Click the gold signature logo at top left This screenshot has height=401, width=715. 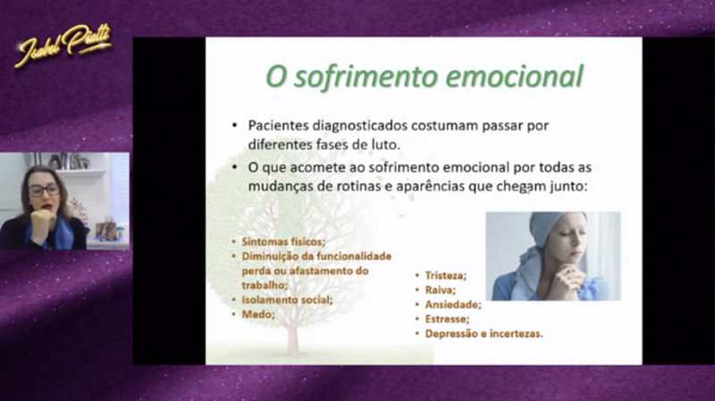coord(63,45)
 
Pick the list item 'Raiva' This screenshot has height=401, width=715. coord(441,290)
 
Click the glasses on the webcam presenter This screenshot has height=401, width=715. coord(42,189)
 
